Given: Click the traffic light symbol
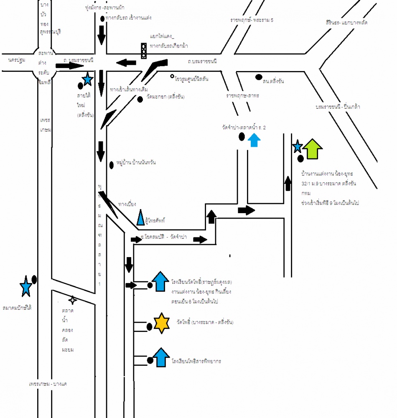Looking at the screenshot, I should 144,51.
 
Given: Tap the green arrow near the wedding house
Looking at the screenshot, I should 313,149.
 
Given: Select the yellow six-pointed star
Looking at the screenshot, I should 161,323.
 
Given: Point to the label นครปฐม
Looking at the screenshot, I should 17,60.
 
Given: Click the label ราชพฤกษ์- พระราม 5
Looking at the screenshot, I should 251,20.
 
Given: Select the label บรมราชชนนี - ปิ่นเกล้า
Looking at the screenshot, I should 338,107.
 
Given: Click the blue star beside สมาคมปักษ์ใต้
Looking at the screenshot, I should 26,286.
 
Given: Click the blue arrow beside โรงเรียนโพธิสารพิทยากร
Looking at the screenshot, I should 161,357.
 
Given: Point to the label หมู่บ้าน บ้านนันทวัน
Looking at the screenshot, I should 137,163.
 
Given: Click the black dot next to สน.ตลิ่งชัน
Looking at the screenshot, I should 259,77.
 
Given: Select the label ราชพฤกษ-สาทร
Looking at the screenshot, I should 243,96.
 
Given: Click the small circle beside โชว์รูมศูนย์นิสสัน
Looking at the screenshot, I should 172,76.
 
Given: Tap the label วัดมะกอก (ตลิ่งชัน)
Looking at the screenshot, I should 165,97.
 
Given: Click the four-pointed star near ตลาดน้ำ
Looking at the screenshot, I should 73,299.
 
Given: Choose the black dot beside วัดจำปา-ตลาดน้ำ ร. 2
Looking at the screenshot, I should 241,136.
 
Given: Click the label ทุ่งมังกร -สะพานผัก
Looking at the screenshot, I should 110,8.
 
